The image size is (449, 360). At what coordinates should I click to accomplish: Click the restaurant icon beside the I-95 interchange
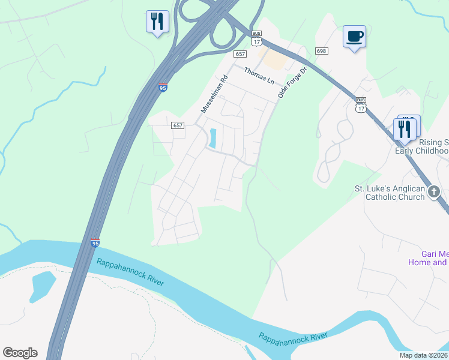coord(157,22)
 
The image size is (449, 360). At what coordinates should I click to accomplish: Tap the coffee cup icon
coord(354,37)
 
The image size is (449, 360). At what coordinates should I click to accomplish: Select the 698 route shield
coord(321,51)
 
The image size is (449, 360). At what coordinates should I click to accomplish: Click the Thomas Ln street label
coord(259,76)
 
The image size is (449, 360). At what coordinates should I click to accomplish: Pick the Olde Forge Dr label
coord(292,83)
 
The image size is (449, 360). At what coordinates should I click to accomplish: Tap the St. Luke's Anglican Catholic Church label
coord(389,193)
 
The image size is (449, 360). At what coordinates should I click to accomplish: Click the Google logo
coord(20,353)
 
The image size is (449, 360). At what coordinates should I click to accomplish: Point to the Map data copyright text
coord(423,355)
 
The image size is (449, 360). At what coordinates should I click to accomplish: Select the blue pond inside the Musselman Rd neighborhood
coord(212,139)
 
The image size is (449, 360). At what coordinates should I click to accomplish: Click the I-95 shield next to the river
coord(95,243)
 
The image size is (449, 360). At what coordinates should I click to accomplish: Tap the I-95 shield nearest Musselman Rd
coord(163,88)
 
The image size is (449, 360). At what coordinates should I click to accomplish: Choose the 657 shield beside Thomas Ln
coord(241,54)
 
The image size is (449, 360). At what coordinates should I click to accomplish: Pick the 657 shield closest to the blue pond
coord(177,125)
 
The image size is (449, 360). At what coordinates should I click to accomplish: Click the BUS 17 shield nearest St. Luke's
coord(360,104)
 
